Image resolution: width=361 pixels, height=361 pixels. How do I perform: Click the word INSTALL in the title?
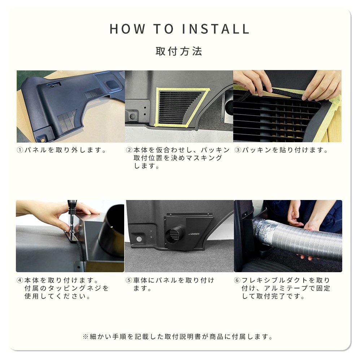tap(216, 29)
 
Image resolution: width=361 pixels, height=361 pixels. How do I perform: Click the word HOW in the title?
tap(127, 29)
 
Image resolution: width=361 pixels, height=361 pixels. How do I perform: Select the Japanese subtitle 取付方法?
tap(179, 51)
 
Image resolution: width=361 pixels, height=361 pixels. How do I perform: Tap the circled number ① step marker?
tap(20, 150)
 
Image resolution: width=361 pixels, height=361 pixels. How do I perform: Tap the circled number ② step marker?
tap(129, 150)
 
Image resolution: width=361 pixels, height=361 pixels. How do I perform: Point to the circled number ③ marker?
tap(238, 150)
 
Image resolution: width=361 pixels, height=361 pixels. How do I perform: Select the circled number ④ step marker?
tap(20, 280)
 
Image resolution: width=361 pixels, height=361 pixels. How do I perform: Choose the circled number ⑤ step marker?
tap(129, 280)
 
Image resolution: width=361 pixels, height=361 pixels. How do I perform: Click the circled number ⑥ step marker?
tap(237, 280)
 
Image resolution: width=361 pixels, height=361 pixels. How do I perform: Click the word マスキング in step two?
tap(204, 158)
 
